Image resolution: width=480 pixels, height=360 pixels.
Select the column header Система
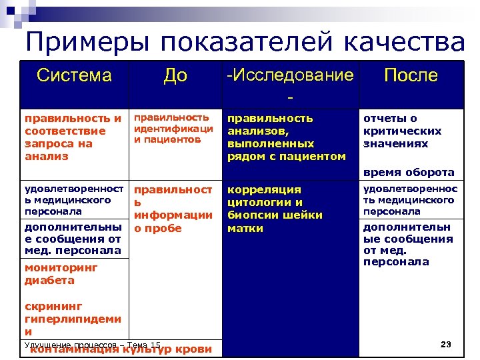74,76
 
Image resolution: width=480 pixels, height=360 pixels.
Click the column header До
175,76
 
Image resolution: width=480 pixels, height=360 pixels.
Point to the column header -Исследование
290,76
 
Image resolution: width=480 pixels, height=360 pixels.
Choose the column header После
411,76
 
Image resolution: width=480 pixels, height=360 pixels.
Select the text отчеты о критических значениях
401,131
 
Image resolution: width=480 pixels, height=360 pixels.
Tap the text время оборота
408,172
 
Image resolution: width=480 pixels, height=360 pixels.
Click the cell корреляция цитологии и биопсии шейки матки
274,209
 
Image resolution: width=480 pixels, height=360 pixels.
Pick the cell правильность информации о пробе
173,209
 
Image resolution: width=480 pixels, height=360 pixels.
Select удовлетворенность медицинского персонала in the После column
410,200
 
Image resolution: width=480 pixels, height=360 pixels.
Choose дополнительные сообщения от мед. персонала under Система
72,238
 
